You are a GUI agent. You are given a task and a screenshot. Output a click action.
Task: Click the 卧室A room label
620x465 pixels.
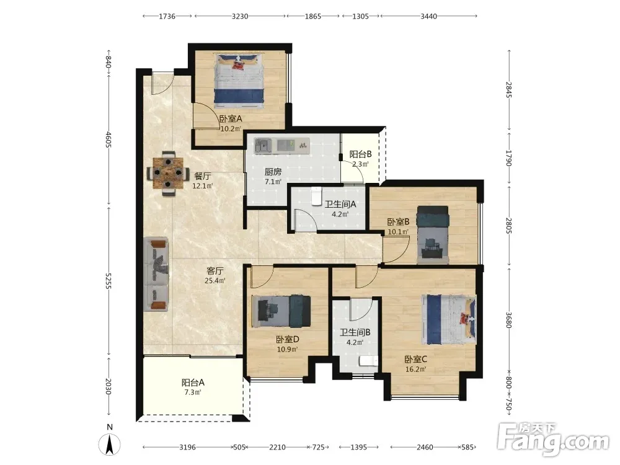pos(231,118)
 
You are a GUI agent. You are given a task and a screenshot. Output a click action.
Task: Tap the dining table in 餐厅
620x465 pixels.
pos(168,173)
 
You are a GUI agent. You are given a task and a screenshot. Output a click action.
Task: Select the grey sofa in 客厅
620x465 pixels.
pos(156,274)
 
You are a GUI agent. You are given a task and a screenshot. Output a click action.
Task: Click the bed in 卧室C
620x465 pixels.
pos(449,319)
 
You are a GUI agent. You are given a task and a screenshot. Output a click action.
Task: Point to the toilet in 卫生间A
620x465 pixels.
pos(316,197)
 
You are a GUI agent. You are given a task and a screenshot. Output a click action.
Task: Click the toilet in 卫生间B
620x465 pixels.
pos(368,361)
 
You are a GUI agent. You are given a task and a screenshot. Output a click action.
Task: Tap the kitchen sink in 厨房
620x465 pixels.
pos(262,146)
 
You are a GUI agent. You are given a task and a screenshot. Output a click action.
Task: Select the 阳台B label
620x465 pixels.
pos(360,154)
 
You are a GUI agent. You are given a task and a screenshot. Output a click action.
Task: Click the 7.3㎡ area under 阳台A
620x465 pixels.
pos(193,392)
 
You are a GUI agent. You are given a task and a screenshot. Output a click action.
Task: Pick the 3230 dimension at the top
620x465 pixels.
pos(240,16)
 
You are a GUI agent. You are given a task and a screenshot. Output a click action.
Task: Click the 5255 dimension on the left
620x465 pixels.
pos(108,281)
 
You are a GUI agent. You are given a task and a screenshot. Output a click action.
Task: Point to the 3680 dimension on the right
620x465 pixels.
pos(509,321)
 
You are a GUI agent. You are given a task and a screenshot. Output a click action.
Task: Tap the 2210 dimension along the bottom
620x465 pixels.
pos(277,447)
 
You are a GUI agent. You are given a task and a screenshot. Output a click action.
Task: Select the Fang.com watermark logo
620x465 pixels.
pos(553,440)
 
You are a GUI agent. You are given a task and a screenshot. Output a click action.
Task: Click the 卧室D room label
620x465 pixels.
pos(288,339)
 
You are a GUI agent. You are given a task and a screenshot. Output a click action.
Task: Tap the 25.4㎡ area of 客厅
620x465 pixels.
pos(215,281)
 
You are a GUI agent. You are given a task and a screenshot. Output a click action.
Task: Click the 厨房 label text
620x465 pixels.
pos(273,172)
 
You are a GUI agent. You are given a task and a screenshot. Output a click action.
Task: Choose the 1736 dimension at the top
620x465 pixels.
pos(167,16)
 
